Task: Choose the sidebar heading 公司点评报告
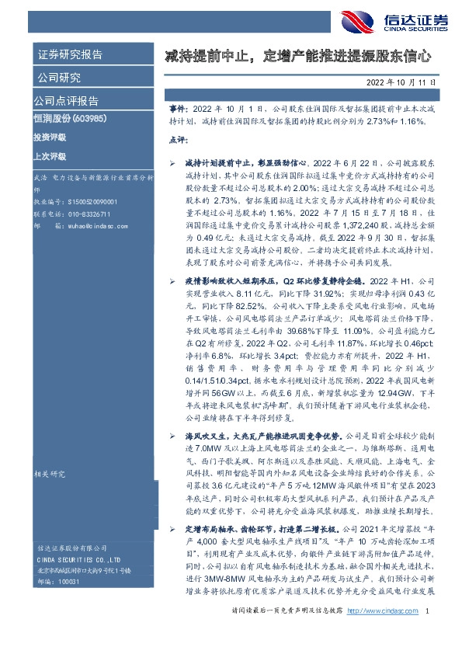[65, 101]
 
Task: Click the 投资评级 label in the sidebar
[50, 137]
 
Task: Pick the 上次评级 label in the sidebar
[50, 155]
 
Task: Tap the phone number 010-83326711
[85, 213]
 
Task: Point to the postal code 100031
[69, 604]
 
